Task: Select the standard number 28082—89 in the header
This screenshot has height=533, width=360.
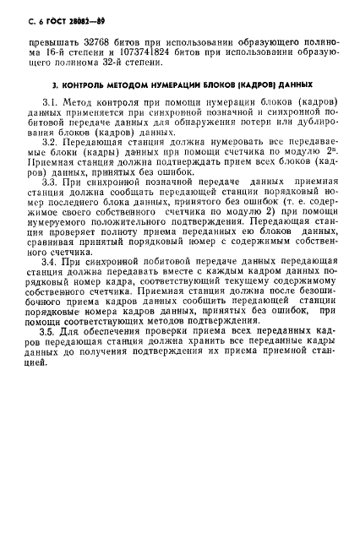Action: [x=68, y=18]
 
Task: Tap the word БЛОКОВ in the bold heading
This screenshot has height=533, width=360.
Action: [x=226, y=84]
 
